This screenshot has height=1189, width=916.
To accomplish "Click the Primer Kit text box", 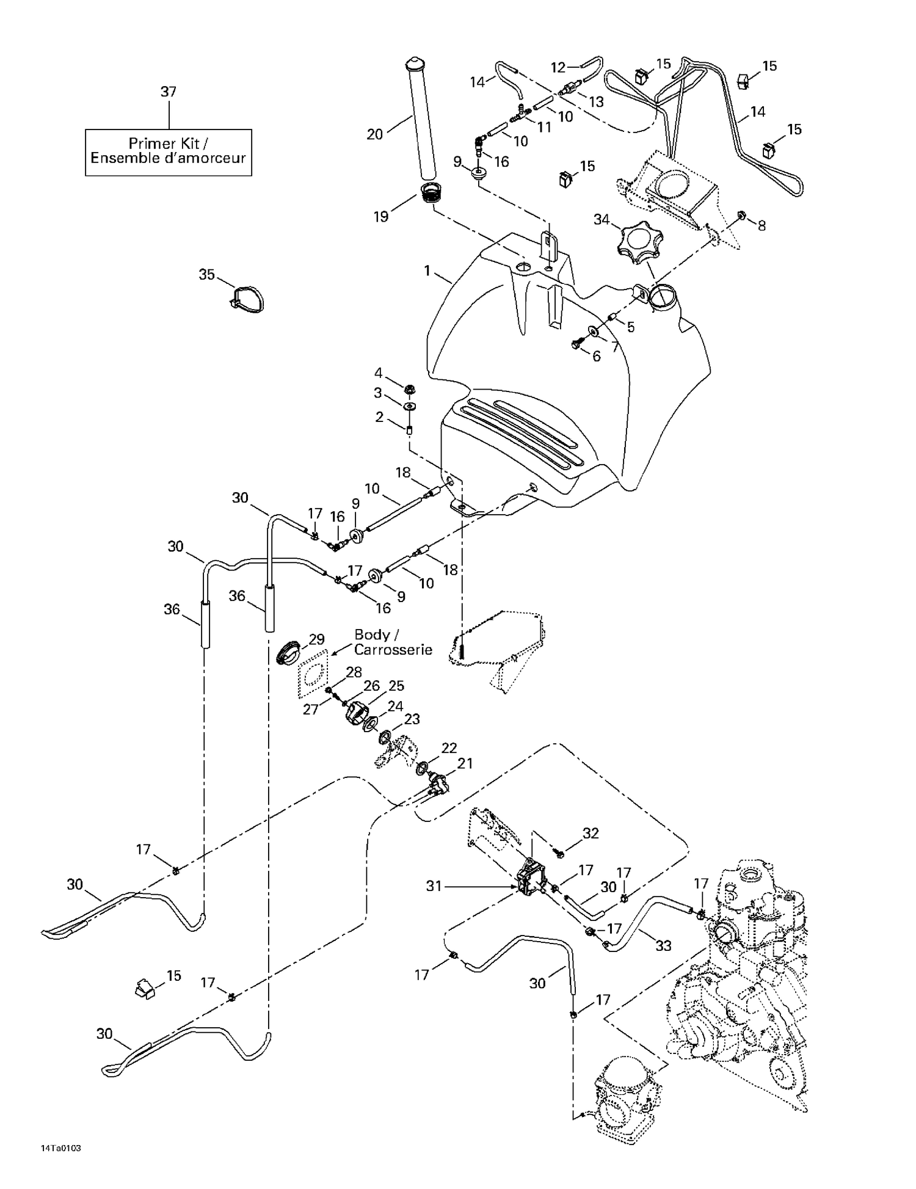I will [168, 152].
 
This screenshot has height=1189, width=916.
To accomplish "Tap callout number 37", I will [168, 92].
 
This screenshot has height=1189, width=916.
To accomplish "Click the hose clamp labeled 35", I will [247, 299].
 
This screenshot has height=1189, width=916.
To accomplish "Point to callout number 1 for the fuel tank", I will [427, 270].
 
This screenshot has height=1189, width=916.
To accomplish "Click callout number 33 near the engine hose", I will [663, 945].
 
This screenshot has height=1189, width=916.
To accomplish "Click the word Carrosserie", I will [393, 650].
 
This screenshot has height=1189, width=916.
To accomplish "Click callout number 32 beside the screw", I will [591, 833].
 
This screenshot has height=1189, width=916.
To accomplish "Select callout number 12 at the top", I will [558, 68].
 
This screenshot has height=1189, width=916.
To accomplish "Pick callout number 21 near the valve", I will [465, 763].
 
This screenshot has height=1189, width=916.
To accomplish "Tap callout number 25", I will [396, 686].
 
